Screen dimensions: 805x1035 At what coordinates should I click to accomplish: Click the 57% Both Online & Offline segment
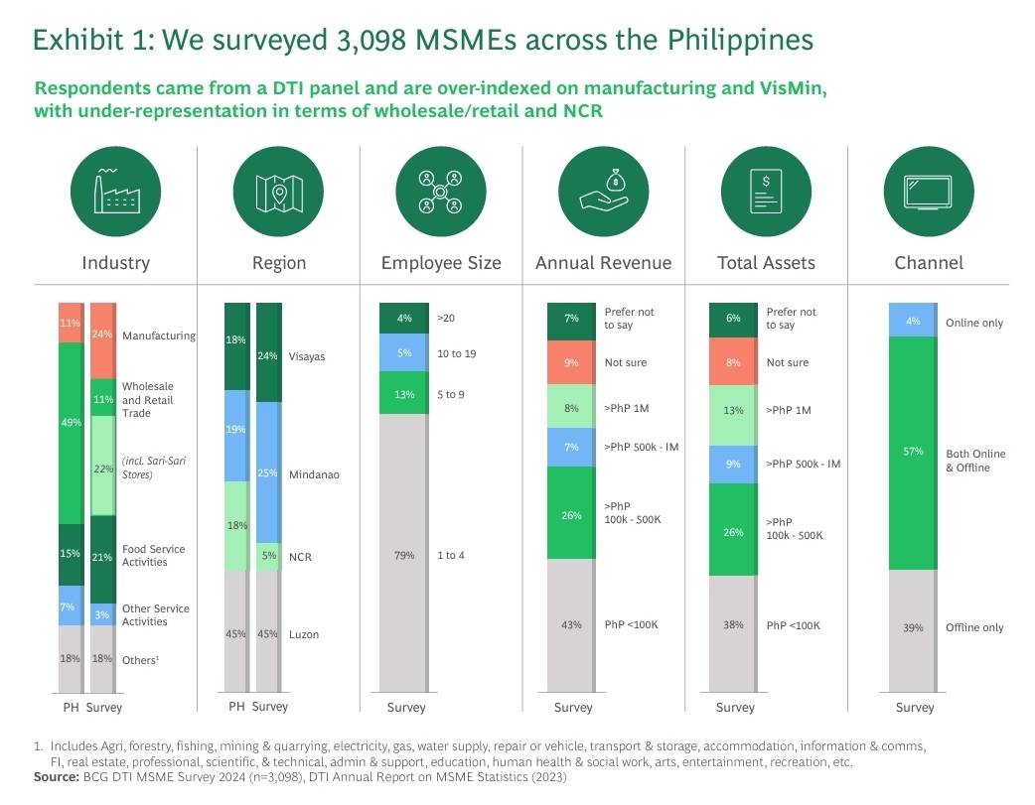pos(913,453)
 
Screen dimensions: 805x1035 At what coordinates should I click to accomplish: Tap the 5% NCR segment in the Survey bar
pos(267,556)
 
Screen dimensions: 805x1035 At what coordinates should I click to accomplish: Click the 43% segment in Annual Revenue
pos(571,624)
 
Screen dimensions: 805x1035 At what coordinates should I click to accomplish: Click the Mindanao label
pos(315,474)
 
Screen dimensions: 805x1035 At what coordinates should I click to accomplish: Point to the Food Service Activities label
pos(153,555)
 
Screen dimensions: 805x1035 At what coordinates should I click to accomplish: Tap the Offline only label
pos(974,627)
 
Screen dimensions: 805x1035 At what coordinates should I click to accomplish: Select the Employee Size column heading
pos(441,263)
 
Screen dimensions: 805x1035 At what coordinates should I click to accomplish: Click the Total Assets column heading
pos(766,263)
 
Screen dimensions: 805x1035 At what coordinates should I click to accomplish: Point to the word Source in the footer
pos(56,777)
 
